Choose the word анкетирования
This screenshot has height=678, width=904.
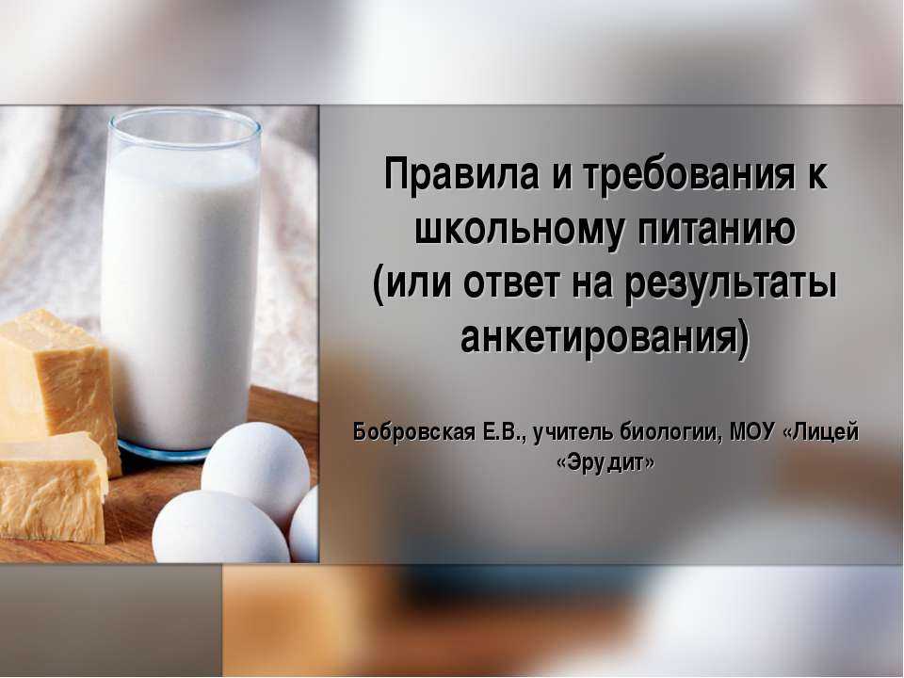tap(605, 336)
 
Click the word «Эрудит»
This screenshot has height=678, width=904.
tap(605, 462)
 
